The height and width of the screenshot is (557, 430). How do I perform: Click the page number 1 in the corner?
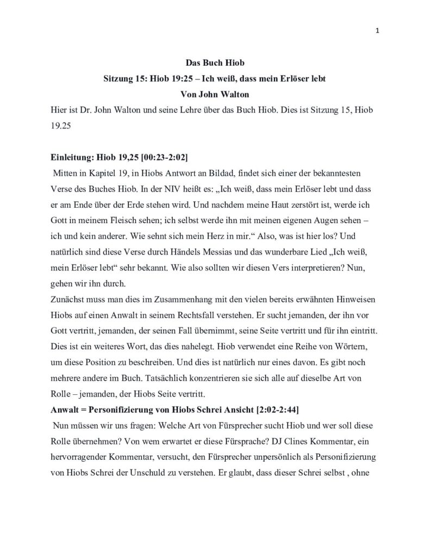tap(377, 30)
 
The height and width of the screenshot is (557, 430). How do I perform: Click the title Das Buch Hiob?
tap(215, 64)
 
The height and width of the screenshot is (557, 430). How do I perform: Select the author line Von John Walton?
tap(215, 94)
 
